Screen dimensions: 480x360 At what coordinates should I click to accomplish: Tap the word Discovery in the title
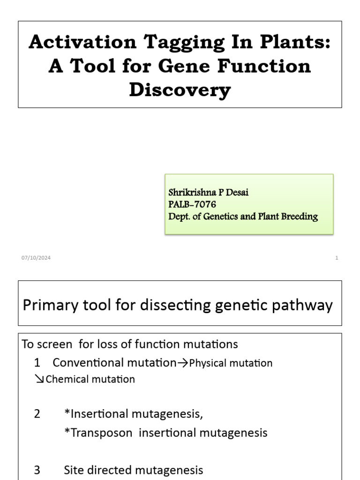click(x=180, y=90)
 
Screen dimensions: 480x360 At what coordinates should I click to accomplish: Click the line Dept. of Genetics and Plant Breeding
click(x=243, y=216)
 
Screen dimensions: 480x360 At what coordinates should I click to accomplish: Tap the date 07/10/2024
click(x=36, y=258)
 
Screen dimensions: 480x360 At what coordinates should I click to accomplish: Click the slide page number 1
click(x=337, y=258)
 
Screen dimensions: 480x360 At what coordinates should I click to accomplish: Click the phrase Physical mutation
click(x=231, y=363)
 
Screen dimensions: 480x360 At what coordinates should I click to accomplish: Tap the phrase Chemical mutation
click(x=90, y=379)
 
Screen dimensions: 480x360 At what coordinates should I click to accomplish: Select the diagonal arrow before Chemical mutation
click(x=39, y=379)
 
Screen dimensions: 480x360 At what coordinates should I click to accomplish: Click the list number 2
click(x=37, y=414)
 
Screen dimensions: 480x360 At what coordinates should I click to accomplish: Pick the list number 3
click(x=37, y=470)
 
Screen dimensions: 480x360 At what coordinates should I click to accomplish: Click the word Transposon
click(x=100, y=433)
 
